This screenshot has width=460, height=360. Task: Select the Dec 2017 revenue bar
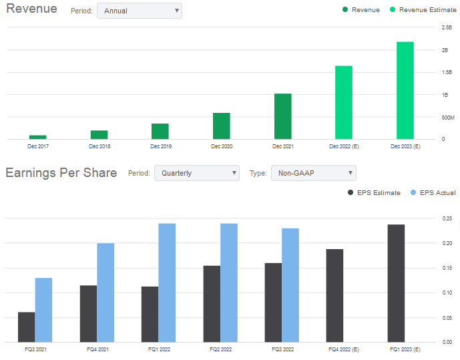38,137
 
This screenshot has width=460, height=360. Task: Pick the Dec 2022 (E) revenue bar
343,102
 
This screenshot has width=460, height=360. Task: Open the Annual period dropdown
139,11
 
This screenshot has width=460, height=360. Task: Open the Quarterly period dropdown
196,173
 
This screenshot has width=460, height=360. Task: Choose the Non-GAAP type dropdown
313,173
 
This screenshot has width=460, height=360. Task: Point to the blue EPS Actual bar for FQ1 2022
167,283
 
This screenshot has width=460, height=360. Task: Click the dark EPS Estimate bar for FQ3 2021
27,327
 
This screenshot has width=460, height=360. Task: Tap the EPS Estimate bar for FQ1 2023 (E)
396,283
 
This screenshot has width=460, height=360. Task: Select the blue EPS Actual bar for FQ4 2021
105,293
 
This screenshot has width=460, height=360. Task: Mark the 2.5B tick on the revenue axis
447,27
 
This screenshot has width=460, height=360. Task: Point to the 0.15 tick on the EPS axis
446,268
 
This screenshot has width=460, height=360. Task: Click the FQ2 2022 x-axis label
220,349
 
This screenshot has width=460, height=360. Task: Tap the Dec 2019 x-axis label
160,146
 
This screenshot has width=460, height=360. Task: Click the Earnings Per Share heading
61,173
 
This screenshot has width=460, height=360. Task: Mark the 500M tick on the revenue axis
445,117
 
